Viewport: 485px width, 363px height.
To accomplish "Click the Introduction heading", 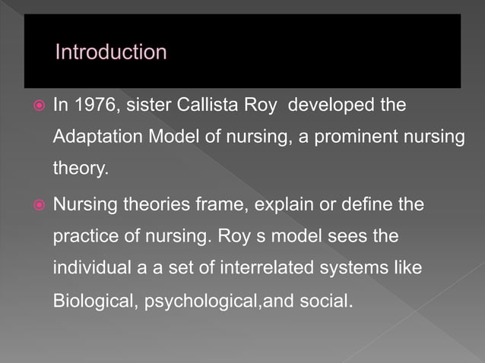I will (110, 52).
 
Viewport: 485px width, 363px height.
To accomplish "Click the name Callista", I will (205, 105).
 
